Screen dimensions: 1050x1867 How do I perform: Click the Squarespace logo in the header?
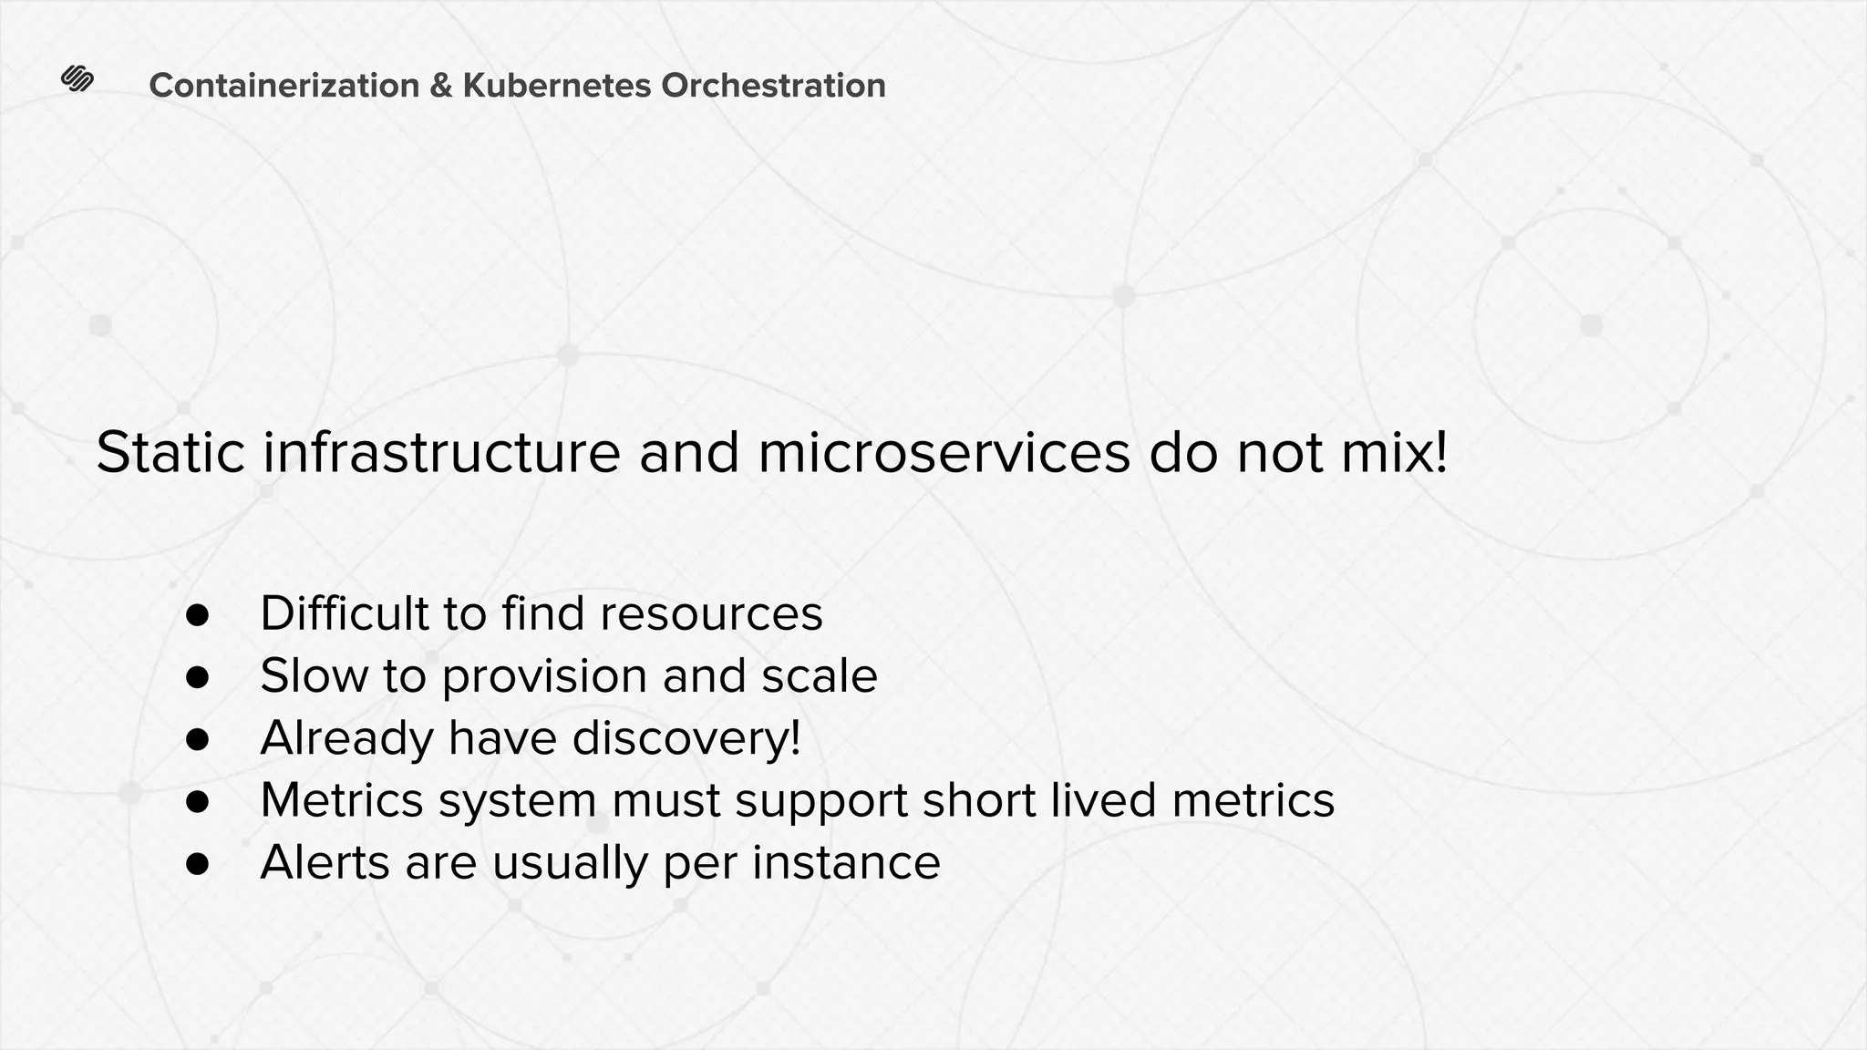pyautogui.click(x=77, y=79)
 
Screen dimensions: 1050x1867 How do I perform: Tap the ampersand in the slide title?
pyautogui.click(x=440, y=86)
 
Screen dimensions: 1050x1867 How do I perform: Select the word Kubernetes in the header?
pyautogui.click(x=557, y=86)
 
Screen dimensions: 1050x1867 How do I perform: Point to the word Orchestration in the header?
pyautogui.click(x=773, y=86)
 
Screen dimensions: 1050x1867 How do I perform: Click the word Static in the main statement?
pyautogui.click(x=170, y=453)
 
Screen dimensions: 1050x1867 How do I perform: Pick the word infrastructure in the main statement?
pyautogui.click(x=442, y=453)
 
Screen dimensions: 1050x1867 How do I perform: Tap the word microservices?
pyautogui.click(x=944, y=453)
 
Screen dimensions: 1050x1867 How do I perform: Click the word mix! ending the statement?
pyautogui.click(x=1395, y=453)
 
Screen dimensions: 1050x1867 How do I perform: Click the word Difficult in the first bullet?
pyautogui.click(x=344, y=613)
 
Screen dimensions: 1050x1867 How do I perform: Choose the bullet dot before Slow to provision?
pyautogui.click(x=198, y=677)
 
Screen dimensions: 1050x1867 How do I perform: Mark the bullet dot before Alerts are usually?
pyautogui.click(x=198, y=864)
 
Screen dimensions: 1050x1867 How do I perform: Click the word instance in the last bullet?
pyautogui.click(x=845, y=862)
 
